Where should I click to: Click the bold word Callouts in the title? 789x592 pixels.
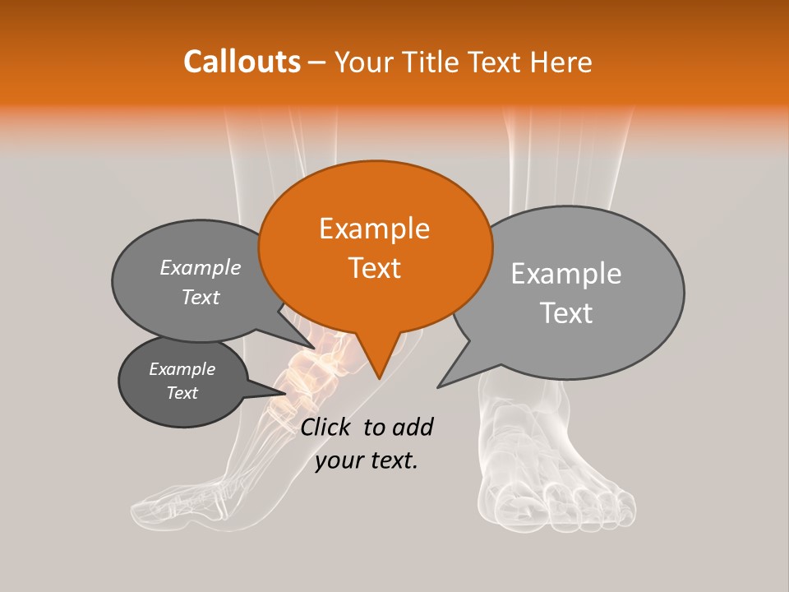[x=242, y=62]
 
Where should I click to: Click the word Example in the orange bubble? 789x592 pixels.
[x=374, y=229]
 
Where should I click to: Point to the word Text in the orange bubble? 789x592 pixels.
[x=374, y=268]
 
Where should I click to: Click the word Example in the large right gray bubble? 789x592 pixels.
[x=566, y=274]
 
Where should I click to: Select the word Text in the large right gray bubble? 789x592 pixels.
[x=566, y=313]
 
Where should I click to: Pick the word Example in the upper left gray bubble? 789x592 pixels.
[x=201, y=267]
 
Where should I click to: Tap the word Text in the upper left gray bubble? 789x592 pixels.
[x=201, y=297]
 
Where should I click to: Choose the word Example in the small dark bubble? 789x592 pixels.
[x=182, y=369]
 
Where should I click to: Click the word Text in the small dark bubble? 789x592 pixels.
[x=182, y=393]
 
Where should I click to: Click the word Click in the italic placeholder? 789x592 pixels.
[x=328, y=427]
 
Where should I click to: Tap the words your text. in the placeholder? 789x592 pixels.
[x=367, y=460]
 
